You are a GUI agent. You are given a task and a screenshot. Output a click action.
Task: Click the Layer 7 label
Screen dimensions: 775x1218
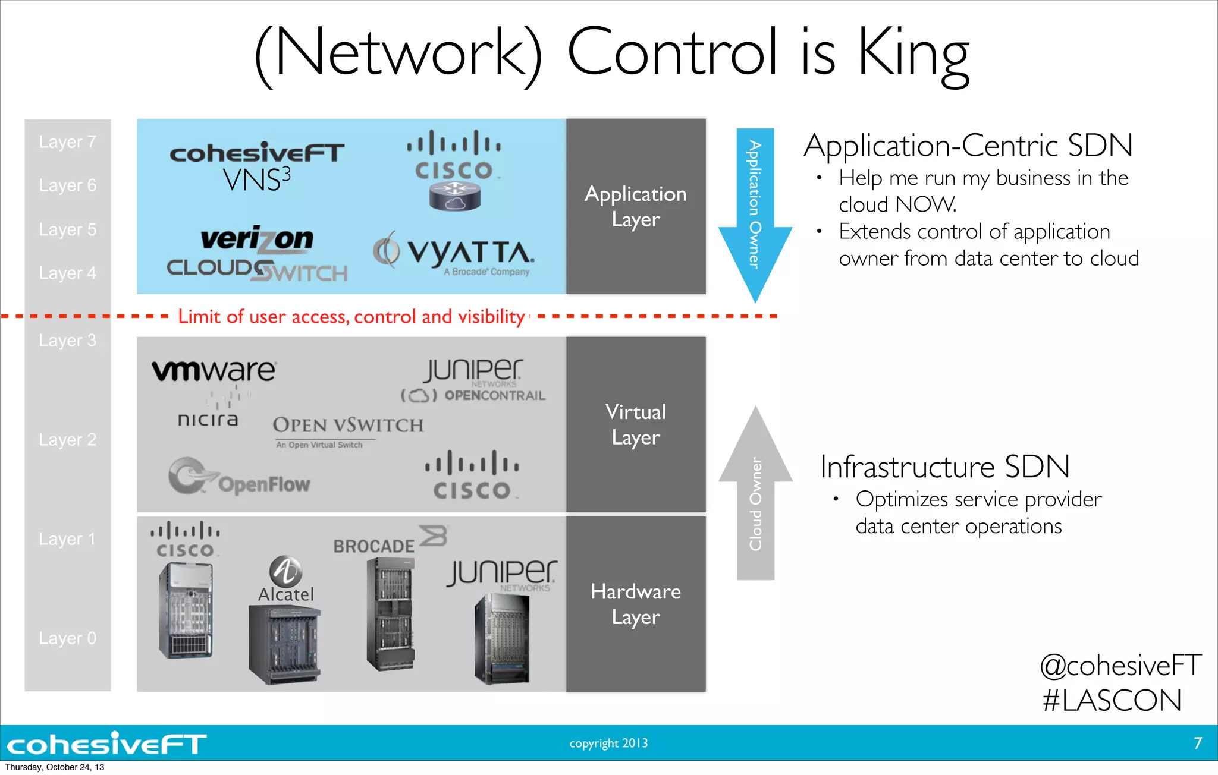point(67,142)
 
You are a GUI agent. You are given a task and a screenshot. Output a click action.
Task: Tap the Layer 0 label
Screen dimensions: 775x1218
point(67,638)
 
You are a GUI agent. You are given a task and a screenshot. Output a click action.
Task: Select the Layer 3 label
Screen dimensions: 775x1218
point(67,341)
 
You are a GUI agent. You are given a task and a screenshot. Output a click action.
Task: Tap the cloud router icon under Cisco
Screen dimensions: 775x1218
point(455,196)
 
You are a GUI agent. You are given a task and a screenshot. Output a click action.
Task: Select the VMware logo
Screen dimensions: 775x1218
point(214,370)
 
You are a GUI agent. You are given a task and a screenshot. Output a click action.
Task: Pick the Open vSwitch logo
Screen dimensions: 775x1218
point(348,429)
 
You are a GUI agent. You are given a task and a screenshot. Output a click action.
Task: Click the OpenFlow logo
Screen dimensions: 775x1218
point(239,478)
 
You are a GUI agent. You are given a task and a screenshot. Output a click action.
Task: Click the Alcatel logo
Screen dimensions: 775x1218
point(286,580)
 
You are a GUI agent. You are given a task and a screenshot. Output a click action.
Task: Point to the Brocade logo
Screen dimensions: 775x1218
point(390,541)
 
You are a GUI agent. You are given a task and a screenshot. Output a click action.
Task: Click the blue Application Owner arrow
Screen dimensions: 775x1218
point(755,214)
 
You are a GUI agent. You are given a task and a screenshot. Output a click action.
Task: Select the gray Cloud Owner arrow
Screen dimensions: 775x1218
point(755,493)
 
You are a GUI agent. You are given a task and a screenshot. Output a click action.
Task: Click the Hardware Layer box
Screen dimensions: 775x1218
point(636,604)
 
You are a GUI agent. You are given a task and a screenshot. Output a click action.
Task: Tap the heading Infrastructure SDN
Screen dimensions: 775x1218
point(944,467)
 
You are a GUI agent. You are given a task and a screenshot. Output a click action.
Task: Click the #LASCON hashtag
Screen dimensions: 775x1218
point(1112,700)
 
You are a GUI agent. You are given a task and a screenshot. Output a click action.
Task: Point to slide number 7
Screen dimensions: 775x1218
point(1198,743)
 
